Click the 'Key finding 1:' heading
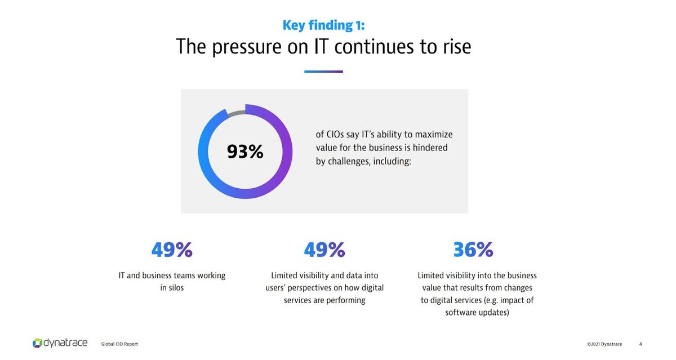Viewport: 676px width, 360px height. tap(323, 25)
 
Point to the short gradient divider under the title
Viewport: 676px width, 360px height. tap(323, 72)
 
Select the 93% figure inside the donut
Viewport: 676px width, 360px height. tap(245, 152)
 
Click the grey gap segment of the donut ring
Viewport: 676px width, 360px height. tap(236, 113)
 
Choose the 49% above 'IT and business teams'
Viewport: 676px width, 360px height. tap(172, 250)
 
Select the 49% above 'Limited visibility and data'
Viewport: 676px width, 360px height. tap(324, 250)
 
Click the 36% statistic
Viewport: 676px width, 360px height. tap(473, 250)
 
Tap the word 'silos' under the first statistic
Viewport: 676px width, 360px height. tap(176, 287)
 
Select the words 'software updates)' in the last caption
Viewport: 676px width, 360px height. tap(477, 313)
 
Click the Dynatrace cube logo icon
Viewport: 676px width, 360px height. tap(37, 343)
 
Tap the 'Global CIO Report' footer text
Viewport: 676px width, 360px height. tap(119, 344)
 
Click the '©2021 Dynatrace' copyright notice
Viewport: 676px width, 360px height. tap(604, 344)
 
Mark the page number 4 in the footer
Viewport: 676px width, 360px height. tap(641, 344)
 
